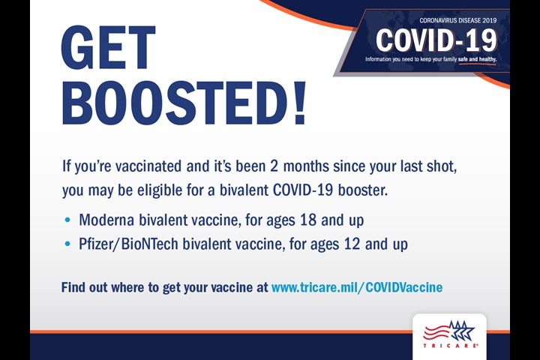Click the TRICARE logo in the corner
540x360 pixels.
point(448,334)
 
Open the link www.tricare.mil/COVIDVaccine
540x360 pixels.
point(356,287)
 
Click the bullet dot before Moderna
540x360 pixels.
point(69,221)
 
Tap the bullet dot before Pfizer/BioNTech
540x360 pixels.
point(69,244)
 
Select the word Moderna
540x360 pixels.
point(106,220)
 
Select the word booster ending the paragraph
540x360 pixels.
point(363,190)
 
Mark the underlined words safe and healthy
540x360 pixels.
point(478,58)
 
